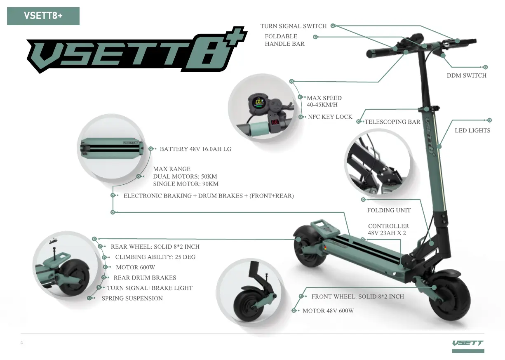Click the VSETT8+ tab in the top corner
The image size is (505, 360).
(x=43, y=16)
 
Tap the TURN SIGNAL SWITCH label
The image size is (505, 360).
(x=293, y=26)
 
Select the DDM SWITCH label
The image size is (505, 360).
(x=466, y=75)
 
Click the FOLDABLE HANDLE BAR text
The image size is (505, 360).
(x=284, y=40)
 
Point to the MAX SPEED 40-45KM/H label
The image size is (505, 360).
(x=324, y=101)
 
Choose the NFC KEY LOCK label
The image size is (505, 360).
(x=330, y=117)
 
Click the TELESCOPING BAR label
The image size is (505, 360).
(x=392, y=122)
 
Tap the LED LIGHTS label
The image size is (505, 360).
(x=472, y=130)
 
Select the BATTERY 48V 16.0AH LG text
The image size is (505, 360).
(x=195, y=149)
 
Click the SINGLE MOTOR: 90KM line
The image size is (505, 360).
(x=186, y=184)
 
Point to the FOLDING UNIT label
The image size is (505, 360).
(x=389, y=210)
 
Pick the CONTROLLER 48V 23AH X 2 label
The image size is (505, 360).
(x=388, y=229)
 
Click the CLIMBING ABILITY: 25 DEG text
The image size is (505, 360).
(x=155, y=257)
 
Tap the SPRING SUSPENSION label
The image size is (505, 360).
(x=132, y=298)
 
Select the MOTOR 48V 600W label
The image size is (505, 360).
(x=328, y=311)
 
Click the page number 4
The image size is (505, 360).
(x=22, y=343)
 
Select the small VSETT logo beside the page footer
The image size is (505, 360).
(x=467, y=343)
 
